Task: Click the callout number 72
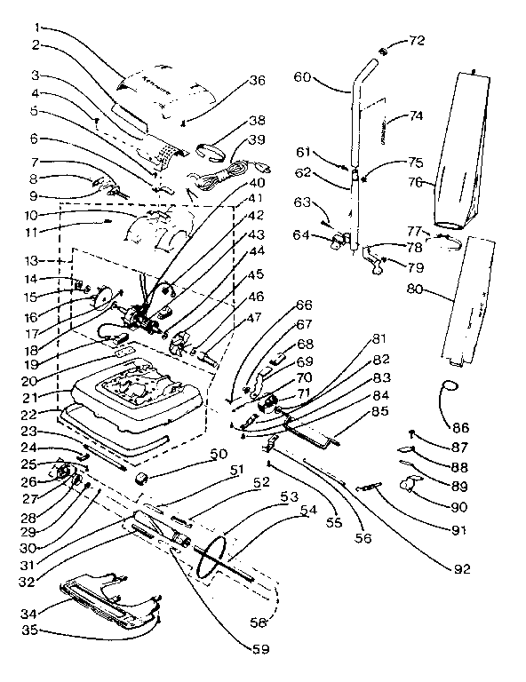pos(416,41)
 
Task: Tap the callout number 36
pos(257,80)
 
